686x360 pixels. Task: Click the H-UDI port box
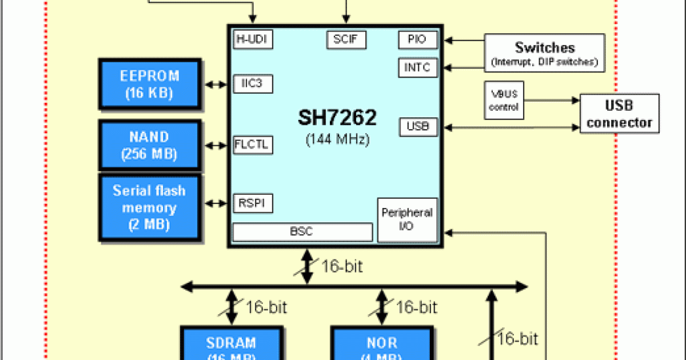pos(253,40)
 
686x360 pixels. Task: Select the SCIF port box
pos(346,40)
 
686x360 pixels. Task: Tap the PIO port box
pos(418,40)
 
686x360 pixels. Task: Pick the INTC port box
pos(418,67)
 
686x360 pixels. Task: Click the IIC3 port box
pos(253,84)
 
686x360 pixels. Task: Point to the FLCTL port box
pos(253,145)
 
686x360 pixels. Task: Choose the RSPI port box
pos(253,203)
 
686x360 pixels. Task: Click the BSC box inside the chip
pos(302,232)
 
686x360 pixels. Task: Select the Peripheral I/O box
pos(408,220)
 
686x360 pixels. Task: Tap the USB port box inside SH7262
pos(418,127)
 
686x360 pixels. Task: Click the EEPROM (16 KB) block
pos(150,84)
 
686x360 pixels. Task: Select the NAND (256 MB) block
pos(150,145)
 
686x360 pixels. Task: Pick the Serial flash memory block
pos(150,207)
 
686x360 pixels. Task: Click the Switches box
pos(544,53)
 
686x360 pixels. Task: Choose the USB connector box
pos(620,114)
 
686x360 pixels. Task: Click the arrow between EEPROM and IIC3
pos(216,84)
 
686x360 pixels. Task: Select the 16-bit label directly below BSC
pos(342,266)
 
